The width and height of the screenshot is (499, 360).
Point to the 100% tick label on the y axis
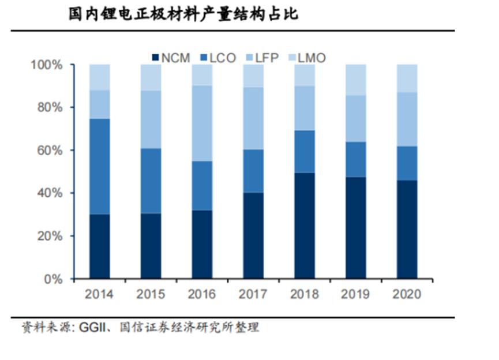click(x=46, y=65)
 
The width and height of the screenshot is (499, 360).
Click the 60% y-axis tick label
click(x=48, y=151)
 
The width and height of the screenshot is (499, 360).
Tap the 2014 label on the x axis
click(x=99, y=294)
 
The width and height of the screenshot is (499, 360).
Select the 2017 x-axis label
click(x=253, y=294)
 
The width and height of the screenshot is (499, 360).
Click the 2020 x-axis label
click(x=407, y=294)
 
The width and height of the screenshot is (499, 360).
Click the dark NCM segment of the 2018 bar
click(x=304, y=226)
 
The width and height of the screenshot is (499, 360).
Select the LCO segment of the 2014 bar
click(x=99, y=166)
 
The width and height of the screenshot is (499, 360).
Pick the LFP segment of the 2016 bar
click(x=202, y=123)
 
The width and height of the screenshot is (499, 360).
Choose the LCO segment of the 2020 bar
click(x=407, y=163)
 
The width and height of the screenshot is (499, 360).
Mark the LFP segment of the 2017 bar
click(x=253, y=118)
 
